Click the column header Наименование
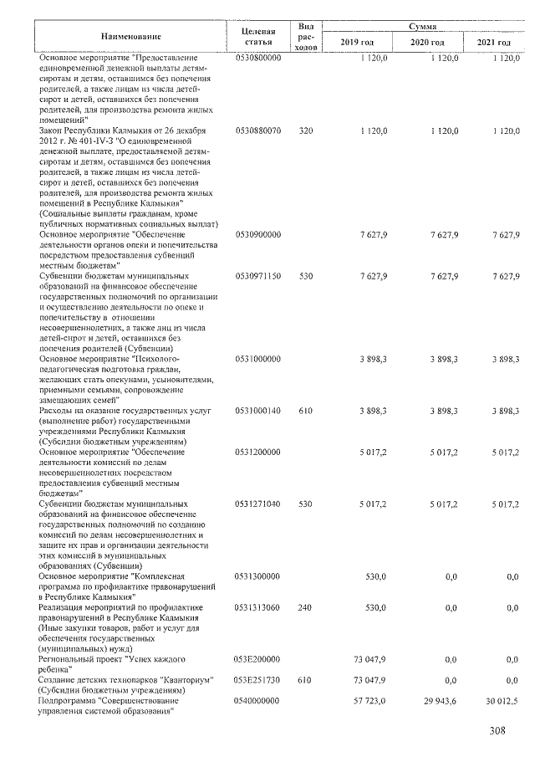tap(131, 38)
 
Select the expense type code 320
tap(305, 131)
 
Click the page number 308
tap(498, 734)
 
